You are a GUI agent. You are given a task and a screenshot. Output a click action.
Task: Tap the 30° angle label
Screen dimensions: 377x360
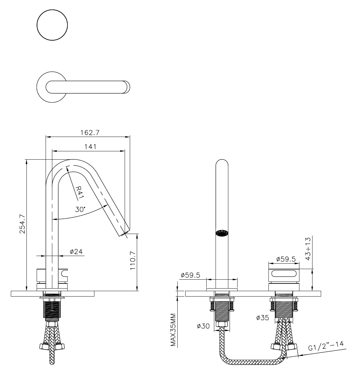tap(80, 209)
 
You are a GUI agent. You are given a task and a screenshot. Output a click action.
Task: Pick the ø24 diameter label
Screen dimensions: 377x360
tap(76, 252)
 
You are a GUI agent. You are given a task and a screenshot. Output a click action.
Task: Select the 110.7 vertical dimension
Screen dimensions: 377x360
tap(133, 260)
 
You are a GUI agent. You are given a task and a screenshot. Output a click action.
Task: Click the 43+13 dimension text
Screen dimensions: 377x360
tap(308, 249)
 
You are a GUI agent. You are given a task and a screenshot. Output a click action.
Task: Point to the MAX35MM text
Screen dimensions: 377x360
tap(173, 330)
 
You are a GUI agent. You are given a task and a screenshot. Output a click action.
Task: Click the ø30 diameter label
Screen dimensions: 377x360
tap(203, 326)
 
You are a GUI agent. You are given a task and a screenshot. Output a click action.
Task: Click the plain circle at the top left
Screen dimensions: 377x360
tap(53, 25)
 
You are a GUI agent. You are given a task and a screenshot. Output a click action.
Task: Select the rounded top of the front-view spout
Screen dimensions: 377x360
tap(222, 163)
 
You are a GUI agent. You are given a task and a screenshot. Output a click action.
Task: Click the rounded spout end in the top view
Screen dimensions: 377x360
tap(128, 87)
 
